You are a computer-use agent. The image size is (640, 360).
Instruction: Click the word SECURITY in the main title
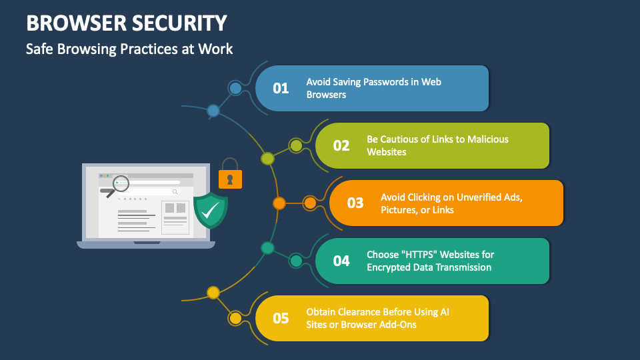tap(179, 23)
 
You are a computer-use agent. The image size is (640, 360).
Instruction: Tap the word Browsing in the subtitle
tap(87, 49)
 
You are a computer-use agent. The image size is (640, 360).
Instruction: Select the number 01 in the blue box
tap(281, 88)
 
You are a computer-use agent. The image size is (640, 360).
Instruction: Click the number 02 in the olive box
tap(341, 146)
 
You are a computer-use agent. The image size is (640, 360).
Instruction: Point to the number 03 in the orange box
tap(355, 203)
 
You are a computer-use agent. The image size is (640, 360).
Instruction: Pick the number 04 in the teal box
tap(341, 261)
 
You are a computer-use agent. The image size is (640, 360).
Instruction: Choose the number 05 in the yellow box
tap(281, 318)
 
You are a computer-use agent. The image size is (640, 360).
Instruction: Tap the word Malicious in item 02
tap(488, 139)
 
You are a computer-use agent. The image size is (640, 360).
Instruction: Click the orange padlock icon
tap(230, 174)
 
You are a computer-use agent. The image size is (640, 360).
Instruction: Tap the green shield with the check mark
tap(211, 210)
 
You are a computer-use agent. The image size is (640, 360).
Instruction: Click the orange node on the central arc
tap(279, 203)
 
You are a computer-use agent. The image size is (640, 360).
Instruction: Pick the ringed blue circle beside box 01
tap(235, 88)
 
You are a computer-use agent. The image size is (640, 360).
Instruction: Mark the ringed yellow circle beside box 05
tap(235, 318)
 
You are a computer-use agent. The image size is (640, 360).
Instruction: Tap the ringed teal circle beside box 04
tap(296, 261)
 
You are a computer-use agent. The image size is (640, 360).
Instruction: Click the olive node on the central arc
tap(267, 159)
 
